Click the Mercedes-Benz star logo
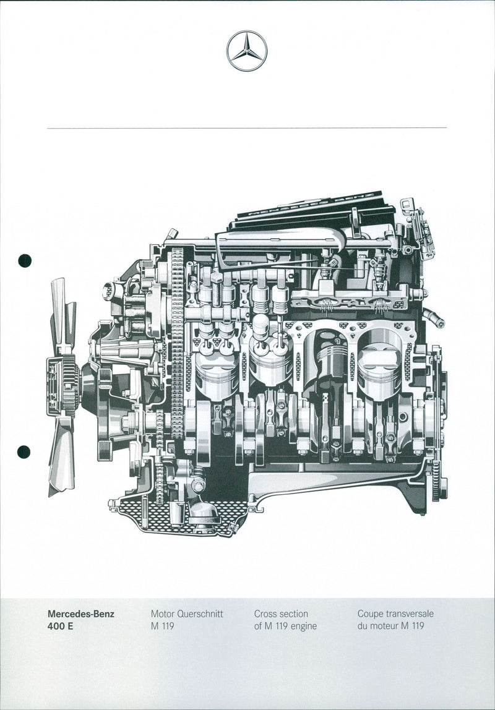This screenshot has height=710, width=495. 247,51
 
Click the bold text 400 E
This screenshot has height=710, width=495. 60,627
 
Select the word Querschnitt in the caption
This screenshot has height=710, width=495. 200,614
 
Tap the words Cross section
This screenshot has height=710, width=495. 281,614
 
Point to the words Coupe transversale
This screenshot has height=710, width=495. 395,614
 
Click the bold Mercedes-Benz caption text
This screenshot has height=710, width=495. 81,614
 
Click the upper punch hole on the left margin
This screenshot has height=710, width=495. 24,260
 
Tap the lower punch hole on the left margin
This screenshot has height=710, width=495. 24,452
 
